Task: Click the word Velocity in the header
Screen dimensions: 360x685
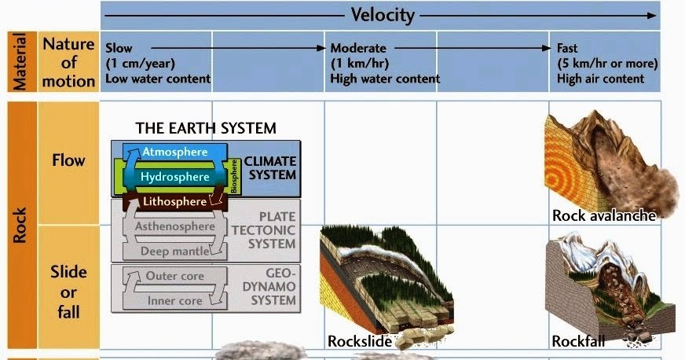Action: click(x=382, y=15)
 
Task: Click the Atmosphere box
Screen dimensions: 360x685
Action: click(x=174, y=152)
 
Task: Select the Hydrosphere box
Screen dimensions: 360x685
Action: click(x=174, y=177)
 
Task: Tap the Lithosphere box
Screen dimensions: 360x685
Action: click(x=174, y=202)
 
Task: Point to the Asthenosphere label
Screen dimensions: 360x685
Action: click(x=174, y=226)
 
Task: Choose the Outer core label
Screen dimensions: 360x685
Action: click(x=176, y=276)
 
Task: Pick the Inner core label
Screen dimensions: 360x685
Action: click(x=176, y=300)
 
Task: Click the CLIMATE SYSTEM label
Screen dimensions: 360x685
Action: click(x=269, y=167)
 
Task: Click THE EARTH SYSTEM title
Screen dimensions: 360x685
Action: click(x=206, y=127)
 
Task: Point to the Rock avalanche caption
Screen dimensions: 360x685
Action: click(x=603, y=215)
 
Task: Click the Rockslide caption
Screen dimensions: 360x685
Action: click(x=359, y=341)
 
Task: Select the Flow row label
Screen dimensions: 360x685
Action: click(x=68, y=161)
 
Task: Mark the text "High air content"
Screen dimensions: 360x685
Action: click(x=600, y=79)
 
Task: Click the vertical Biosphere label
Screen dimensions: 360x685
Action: click(x=233, y=177)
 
